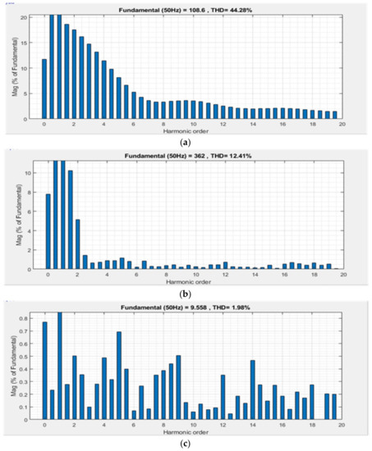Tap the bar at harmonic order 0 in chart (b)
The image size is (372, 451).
pos(48,231)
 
